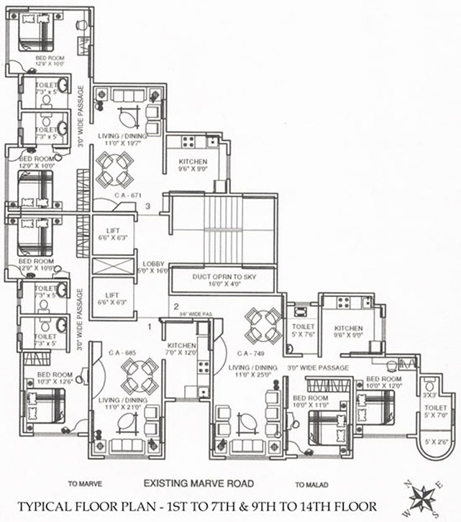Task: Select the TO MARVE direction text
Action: pos(83,484)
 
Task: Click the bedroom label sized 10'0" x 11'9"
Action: pos(310,400)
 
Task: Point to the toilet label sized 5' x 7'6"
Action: pos(298,329)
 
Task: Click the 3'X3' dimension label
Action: pos(429,395)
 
